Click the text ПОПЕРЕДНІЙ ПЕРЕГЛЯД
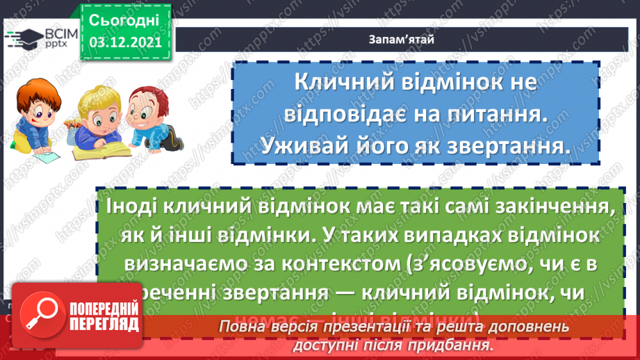click(104, 316)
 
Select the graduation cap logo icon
click(18, 37)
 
